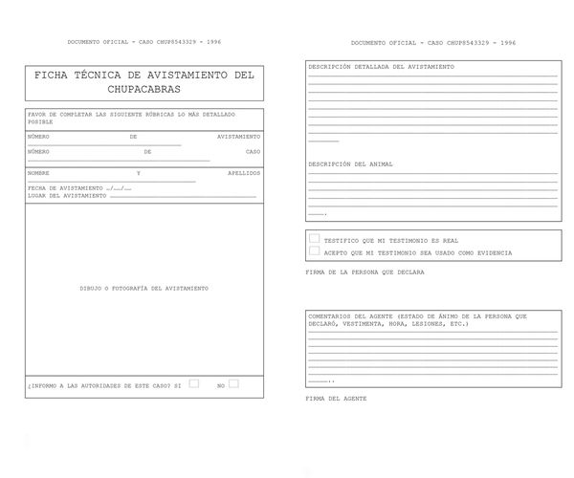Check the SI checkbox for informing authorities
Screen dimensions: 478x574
click(193, 383)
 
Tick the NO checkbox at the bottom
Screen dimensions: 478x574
click(233, 383)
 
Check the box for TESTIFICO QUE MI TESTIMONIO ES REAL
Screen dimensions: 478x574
click(314, 239)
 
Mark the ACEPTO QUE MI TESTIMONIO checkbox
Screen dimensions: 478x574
click(314, 251)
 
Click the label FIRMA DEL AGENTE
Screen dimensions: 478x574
click(336, 398)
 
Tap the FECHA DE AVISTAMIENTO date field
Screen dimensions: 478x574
click(120, 188)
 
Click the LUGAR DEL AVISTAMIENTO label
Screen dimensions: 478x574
click(67, 195)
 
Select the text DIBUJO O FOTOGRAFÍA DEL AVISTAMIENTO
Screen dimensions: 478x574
click(143, 288)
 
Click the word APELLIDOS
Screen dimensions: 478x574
click(244, 173)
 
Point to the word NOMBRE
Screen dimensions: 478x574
click(38, 173)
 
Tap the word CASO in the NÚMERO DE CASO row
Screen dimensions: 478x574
click(253, 151)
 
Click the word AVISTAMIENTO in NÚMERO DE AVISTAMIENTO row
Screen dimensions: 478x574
click(238, 137)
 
